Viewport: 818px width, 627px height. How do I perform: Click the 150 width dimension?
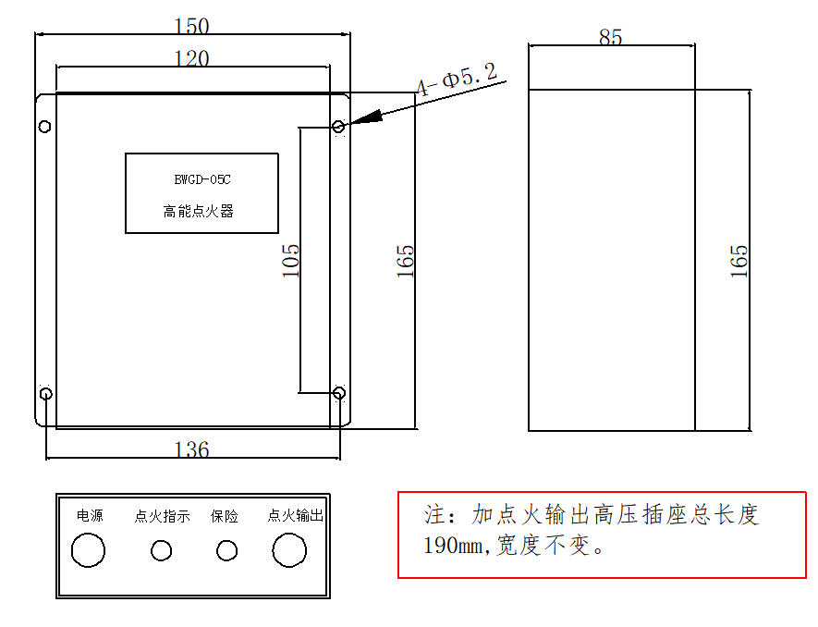click(x=192, y=26)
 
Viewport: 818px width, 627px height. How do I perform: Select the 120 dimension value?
click(x=192, y=58)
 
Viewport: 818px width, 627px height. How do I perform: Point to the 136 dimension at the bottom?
click(x=192, y=449)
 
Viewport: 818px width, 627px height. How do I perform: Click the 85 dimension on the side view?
click(x=611, y=37)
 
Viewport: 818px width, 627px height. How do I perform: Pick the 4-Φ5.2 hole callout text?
click(x=457, y=80)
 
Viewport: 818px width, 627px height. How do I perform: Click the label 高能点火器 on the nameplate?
click(x=199, y=212)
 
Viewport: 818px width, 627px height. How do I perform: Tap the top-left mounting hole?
click(x=43, y=127)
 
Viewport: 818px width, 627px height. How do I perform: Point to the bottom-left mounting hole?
click(x=45, y=395)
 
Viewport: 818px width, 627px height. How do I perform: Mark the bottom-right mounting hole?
click(x=339, y=394)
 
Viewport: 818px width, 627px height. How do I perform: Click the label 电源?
click(x=90, y=516)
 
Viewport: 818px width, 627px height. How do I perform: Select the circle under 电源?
click(x=89, y=550)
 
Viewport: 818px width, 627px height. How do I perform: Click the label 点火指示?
click(x=163, y=516)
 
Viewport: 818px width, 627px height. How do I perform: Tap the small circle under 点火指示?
click(x=162, y=551)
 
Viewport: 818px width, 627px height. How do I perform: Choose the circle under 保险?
click(x=226, y=551)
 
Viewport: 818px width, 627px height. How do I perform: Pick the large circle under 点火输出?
click(x=288, y=550)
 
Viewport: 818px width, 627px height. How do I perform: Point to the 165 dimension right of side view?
click(x=738, y=262)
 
